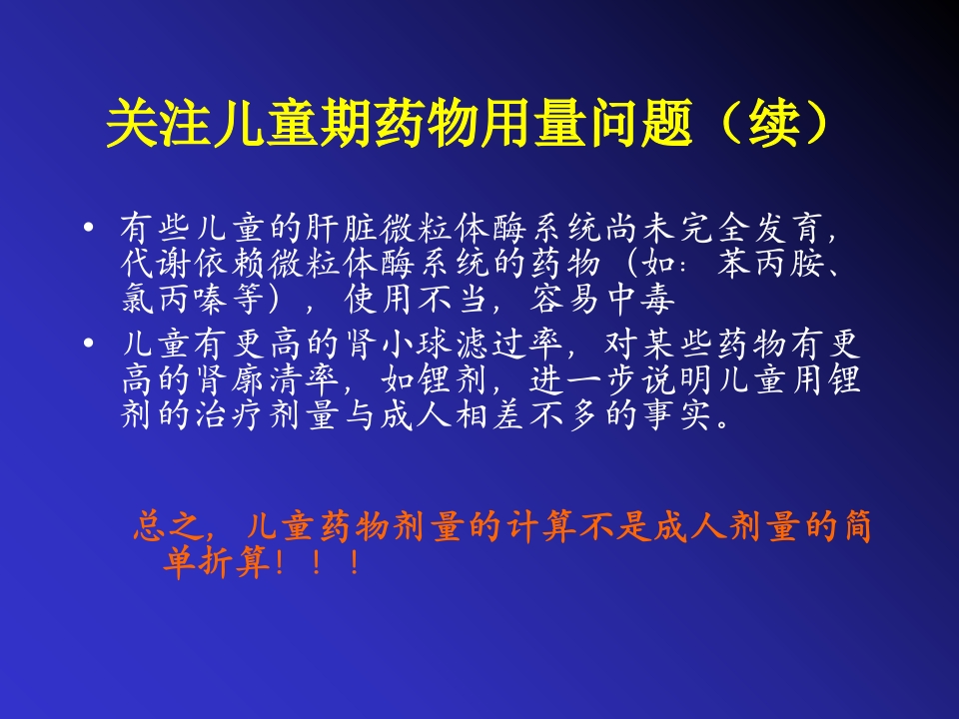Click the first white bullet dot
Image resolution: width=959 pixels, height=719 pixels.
[91, 229]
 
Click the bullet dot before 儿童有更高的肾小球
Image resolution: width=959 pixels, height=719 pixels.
[91, 343]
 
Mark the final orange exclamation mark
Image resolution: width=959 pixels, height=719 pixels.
[354, 564]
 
